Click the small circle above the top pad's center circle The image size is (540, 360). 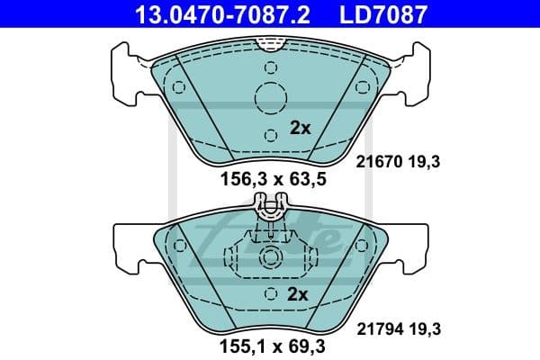click(x=270, y=66)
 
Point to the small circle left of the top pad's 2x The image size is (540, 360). click(x=270, y=133)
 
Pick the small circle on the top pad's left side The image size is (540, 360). click(x=178, y=87)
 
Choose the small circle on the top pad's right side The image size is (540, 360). click(x=363, y=87)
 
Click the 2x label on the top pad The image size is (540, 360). click(x=300, y=128)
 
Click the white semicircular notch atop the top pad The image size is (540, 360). click(x=270, y=41)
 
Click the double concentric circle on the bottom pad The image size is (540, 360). click(x=270, y=258)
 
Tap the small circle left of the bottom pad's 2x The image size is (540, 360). click(x=270, y=294)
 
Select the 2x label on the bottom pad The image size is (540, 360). click(x=298, y=294)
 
